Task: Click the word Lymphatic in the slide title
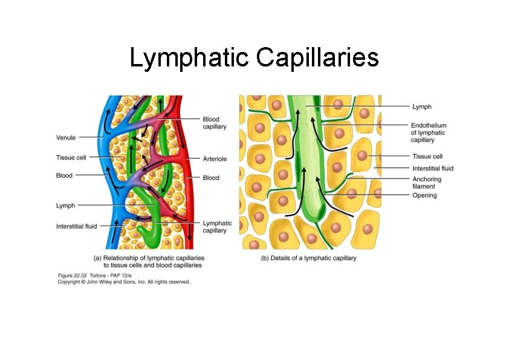190,58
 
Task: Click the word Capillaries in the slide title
317,58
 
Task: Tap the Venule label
66,138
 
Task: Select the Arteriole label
215,159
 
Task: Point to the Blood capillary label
215,123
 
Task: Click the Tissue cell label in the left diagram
71,158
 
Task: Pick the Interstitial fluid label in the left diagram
77,227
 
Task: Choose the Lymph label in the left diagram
65,205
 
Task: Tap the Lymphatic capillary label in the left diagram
217,227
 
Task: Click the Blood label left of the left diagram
64,176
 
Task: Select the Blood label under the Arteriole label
211,178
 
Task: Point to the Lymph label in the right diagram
422,107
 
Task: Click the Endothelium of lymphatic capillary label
429,133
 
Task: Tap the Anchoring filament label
427,183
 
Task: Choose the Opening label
424,196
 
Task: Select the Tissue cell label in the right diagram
427,156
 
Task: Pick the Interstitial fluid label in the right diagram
433,169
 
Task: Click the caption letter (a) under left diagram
97,258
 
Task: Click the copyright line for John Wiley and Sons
124,281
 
